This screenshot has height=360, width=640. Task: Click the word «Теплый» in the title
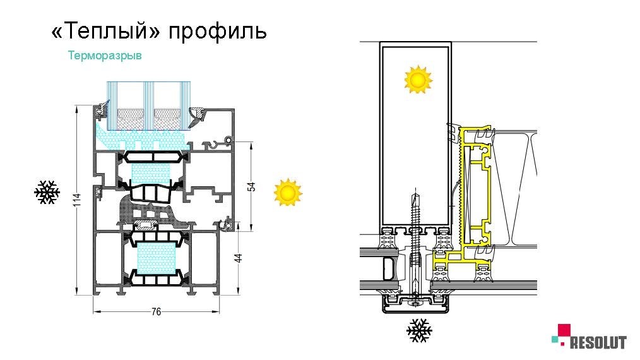(x=105, y=32)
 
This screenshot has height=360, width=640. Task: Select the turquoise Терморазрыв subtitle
(x=105, y=56)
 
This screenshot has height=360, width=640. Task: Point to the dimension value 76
(x=157, y=311)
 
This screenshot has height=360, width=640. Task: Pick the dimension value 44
(x=239, y=258)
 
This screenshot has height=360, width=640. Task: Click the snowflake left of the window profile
(x=46, y=193)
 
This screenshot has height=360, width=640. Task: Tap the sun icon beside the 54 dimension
(x=288, y=192)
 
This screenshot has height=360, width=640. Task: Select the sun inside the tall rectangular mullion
(x=417, y=80)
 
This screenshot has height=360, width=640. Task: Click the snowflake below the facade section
(x=418, y=330)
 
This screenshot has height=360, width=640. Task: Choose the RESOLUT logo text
(x=598, y=343)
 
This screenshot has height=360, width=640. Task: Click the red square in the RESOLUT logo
(x=564, y=330)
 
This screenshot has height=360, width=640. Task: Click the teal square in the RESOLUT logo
(x=555, y=340)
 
